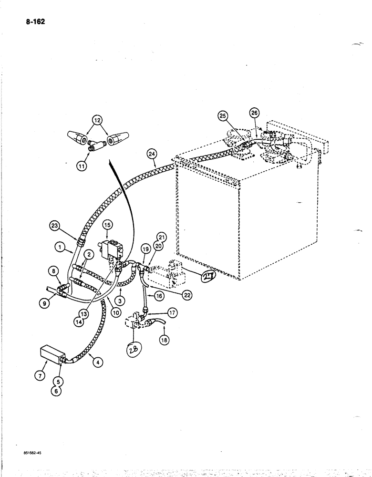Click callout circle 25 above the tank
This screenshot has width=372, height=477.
(x=223, y=115)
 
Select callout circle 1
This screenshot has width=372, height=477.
(x=60, y=248)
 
